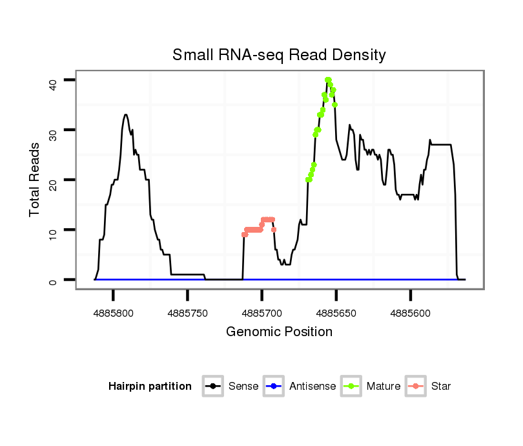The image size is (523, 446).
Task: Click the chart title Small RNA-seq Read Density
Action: tap(279, 55)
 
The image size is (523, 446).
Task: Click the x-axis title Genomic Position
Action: tap(279, 332)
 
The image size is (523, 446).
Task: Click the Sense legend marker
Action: tap(212, 387)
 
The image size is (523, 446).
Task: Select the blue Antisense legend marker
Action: tap(273, 387)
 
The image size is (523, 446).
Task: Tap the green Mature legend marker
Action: tap(351, 387)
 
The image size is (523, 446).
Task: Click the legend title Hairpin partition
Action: tap(150, 387)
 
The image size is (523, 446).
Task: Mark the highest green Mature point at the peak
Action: tap(328, 80)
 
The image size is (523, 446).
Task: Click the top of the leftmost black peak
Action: tap(126, 115)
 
